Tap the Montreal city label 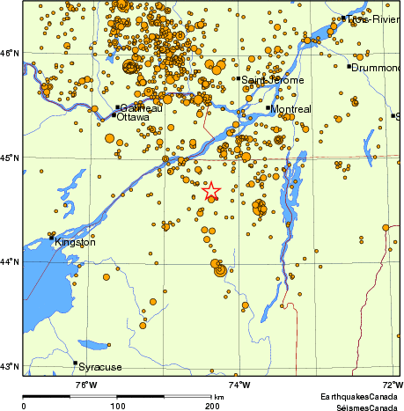[293, 109]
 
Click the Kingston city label [75, 242]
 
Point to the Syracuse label [101, 367]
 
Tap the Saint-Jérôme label [273, 80]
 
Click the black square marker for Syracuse [75, 363]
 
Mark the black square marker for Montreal [268, 107]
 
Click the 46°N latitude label [11, 53]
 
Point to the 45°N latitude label [11, 158]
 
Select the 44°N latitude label [11, 262]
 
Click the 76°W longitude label [85, 384]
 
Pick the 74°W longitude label [239, 384]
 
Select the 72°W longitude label [392, 384]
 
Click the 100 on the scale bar [117, 406]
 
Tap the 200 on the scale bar [212, 406]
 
